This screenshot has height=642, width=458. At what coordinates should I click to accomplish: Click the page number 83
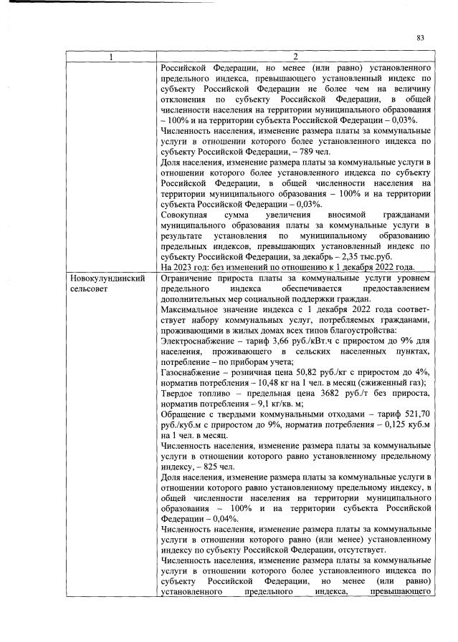click(x=421, y=38)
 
